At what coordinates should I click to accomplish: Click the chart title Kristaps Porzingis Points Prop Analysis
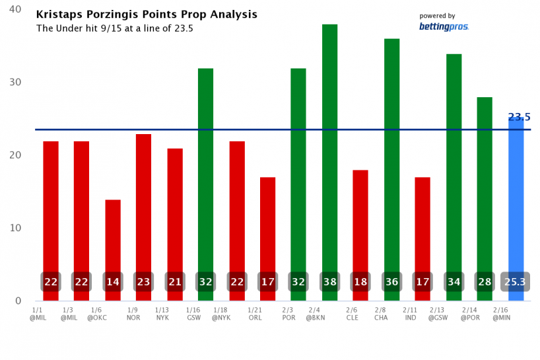click(147, 15)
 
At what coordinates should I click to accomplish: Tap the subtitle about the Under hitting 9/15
click(114, 28)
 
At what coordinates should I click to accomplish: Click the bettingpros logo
click(444, 27)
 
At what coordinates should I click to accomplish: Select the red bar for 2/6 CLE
click(360, 218)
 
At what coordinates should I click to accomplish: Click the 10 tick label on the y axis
click(15, 228)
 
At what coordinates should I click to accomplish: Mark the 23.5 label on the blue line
click(519, 118)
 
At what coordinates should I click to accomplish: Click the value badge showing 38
click(330, 282)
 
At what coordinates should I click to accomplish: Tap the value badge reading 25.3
click(515, 282)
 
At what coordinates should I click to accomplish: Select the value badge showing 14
click(113, 282)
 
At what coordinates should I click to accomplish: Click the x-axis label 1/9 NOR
click(133, 313)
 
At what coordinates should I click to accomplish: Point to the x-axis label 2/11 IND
click(410, 313)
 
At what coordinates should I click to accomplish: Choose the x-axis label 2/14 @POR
click(470, 313)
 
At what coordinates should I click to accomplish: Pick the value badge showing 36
click(392, 282)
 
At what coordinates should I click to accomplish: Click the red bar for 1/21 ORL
click(267, 225)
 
